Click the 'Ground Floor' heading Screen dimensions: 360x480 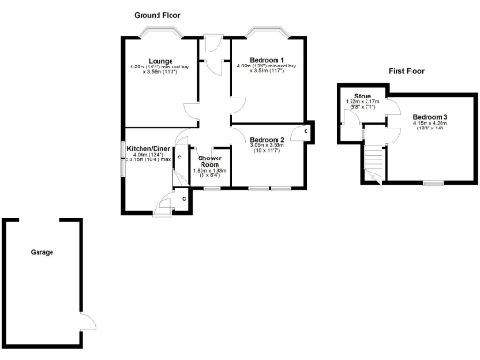coord(157,16)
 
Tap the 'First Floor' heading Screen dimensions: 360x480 coord(407,71)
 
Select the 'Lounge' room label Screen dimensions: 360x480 coord(148,61)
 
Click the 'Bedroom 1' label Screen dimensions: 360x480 coord(267,61)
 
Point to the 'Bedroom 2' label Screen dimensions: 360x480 coord(266,139)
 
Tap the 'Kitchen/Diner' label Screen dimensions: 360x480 coord(149,147)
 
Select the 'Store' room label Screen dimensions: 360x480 coord(363,96)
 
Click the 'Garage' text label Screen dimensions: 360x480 coord(41,252)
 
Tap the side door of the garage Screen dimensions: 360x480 coord(87,323)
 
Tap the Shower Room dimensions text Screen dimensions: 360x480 coord(210,172)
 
